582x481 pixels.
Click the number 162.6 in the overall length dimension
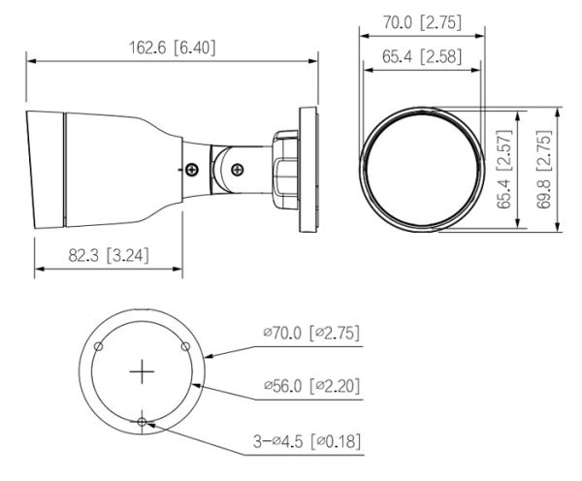click(x=146, y=46)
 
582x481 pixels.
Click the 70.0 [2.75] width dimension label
click(x=419, y=18)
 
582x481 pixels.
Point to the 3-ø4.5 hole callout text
click(x=285, y=440)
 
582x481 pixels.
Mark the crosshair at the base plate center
click(x=143, y=370)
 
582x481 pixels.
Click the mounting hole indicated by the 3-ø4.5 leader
click(x=143, y=422)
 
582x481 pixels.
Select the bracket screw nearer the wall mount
click(x=235, y=167)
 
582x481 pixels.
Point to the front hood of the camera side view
click(x=43, y=169)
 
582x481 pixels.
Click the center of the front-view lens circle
click(x=419, y=170)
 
